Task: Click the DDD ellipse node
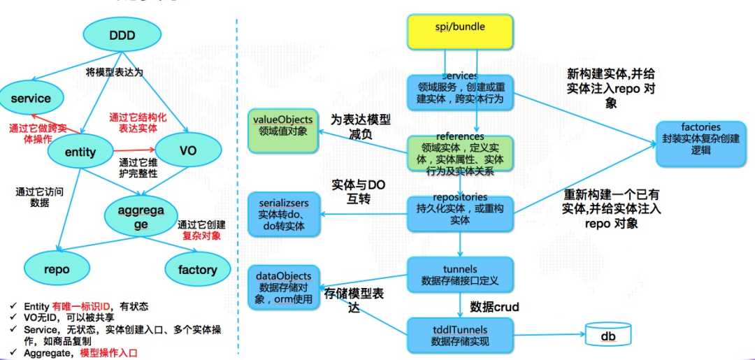point(122,36)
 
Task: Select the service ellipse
point(31,99)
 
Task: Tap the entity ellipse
point(80,152)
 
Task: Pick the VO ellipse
point(187,150)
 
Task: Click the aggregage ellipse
point(141,217)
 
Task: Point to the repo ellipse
point(57,269)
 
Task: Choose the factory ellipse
point(197,269)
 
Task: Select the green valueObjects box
point(282,131)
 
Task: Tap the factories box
point(700,144)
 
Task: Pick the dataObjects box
point(283,287)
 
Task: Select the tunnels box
point(460,275)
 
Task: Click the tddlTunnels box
point(460,335)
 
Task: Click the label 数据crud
point(495,306)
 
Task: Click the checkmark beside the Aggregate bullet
point(14,353)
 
